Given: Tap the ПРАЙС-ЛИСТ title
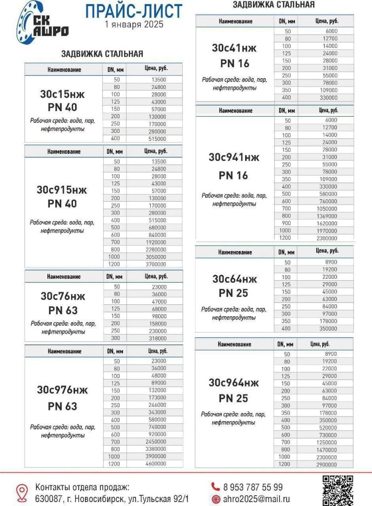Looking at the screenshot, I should (x=134, y=11).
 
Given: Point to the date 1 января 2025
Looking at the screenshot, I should (x=134, y=24).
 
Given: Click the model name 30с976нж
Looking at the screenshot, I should (x=63, y=390).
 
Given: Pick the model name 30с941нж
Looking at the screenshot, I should (x=234, y=158).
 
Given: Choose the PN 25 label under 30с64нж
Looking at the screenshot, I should (x=234, y=294).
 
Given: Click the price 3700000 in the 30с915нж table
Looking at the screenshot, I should (x=156, y=264).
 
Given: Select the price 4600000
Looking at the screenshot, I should (x=156, y=464).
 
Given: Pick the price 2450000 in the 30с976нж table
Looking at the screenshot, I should (x=156, y=441).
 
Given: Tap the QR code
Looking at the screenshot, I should (x=338, y=490).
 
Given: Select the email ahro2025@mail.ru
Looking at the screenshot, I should (x=256, y=500).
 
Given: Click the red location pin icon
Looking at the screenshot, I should (x=22, y=493).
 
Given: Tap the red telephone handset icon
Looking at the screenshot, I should (x=215, y=487).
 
